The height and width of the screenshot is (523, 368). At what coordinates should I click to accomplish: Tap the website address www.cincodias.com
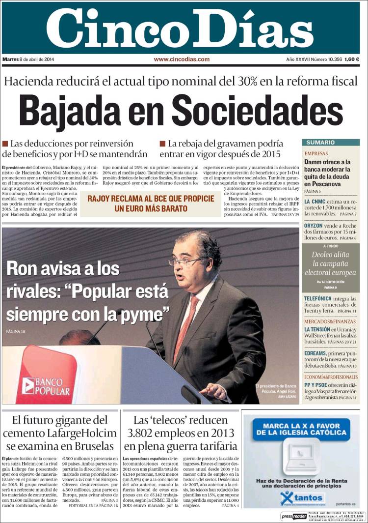click(182, 59)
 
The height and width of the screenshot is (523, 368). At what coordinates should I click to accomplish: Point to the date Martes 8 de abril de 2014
click(28, 59)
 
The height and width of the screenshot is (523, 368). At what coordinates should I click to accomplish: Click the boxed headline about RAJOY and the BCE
click(151, 203)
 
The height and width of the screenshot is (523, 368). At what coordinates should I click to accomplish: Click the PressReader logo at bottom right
click(293, 516)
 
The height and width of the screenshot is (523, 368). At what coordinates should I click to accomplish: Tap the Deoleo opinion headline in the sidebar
click(330, 263)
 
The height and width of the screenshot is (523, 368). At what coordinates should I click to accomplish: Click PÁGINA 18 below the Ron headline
click(16, 332)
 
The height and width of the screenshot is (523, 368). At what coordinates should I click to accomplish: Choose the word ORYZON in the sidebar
click(316, 226)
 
